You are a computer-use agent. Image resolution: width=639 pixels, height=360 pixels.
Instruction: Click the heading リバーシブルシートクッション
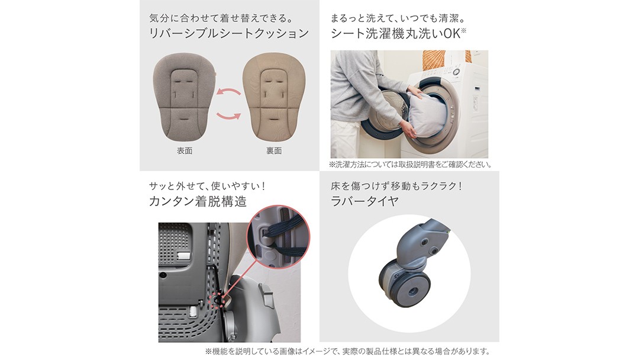pos(229,33)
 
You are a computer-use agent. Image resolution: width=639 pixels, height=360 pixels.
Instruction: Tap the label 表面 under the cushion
pos(185,151)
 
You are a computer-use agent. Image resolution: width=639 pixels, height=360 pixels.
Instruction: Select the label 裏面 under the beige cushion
pos(275,151)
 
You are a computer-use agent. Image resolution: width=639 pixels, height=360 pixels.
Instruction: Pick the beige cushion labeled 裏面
pos(274,97)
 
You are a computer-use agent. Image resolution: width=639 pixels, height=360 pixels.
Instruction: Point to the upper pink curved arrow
pos(228,91)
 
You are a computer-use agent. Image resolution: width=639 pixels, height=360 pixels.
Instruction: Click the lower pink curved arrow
pos(228,116)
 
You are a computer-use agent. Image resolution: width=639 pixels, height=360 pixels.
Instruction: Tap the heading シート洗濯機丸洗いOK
pos(398,33)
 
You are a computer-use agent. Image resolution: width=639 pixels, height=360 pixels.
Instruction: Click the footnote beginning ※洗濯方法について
pos(411,165)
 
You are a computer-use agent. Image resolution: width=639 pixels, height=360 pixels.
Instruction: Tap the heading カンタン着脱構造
pos(198,201)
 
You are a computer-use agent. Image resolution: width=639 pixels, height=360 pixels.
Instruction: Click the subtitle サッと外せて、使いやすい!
pos(208,187)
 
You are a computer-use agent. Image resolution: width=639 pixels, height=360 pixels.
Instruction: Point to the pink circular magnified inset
pos(278,237)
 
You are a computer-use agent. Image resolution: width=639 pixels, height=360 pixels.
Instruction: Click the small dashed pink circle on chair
pos(218,300)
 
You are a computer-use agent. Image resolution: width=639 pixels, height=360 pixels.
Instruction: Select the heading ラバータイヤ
pos(364,201)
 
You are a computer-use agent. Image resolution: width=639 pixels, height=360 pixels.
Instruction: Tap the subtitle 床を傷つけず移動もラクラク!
pos(396,187)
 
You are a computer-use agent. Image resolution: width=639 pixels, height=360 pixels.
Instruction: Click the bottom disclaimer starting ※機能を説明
pos(347,351)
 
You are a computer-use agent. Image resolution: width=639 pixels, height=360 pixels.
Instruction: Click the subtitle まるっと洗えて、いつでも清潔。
pos(398,18)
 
